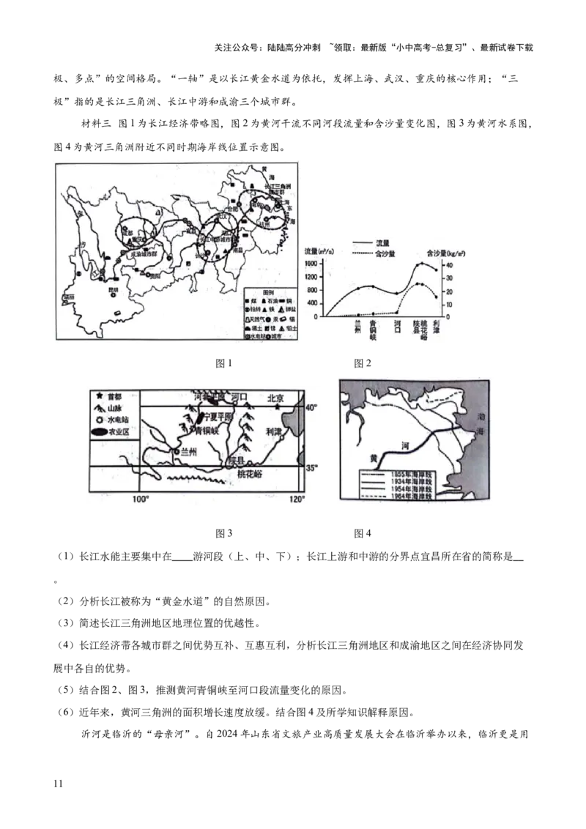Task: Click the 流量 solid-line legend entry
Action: click(383, 244)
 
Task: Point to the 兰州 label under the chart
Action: click(358, 327)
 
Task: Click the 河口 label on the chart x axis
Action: click(397, 327)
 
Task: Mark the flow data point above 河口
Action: click(397, 294)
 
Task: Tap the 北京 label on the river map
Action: click(275, 398)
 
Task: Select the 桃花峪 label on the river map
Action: click(251, 475)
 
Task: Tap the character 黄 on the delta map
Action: click(373, 458)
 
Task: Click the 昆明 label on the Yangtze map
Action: click(112, 289)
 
